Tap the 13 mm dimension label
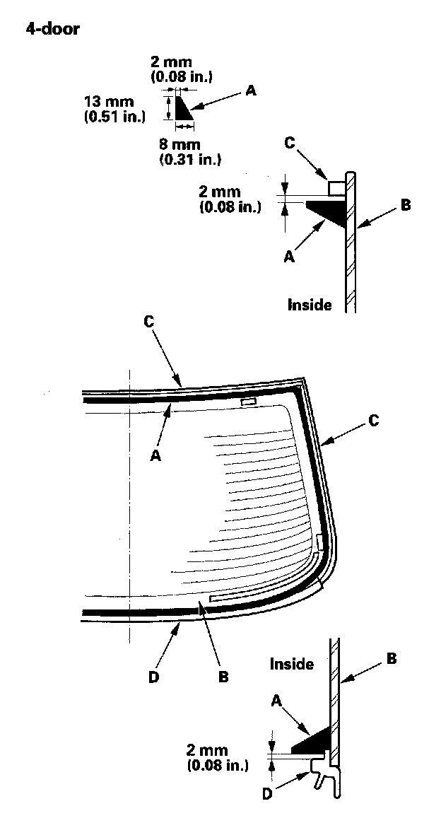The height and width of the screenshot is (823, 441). point(105,102)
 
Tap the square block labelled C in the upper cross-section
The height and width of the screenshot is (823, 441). point(336,187)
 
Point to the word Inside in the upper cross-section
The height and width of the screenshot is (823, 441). point(310,305)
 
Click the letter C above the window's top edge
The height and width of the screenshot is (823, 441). point(148,320)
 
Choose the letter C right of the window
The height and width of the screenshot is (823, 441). point(375,421)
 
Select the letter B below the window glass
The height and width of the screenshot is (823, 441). point(223,676)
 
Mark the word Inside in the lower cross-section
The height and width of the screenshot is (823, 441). point(292,664)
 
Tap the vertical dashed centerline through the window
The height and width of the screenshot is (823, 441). point(130,509)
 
